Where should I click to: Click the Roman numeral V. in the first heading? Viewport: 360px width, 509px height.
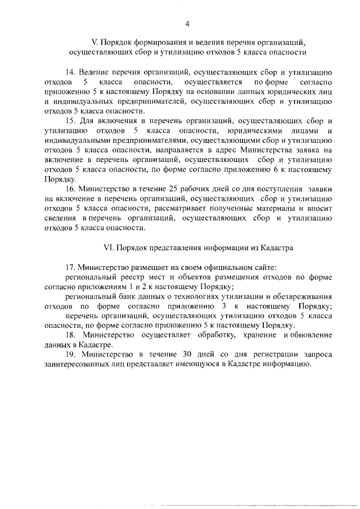[x=95, y=42]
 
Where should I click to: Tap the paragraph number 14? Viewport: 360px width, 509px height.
[x=70, y=73]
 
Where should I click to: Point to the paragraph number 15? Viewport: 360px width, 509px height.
[x=70, y=121]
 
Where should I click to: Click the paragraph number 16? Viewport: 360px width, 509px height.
[x=70, y=189]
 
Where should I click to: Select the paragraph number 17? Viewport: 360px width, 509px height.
[x=70, y=267]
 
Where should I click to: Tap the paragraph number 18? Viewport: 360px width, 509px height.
[x=70, y=335]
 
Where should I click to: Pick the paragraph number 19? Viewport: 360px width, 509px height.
[x=70, y=354]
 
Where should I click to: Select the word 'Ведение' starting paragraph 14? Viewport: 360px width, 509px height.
[x=94, y=73]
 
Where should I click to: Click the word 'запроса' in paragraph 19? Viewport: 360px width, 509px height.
[x=317, y=354]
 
